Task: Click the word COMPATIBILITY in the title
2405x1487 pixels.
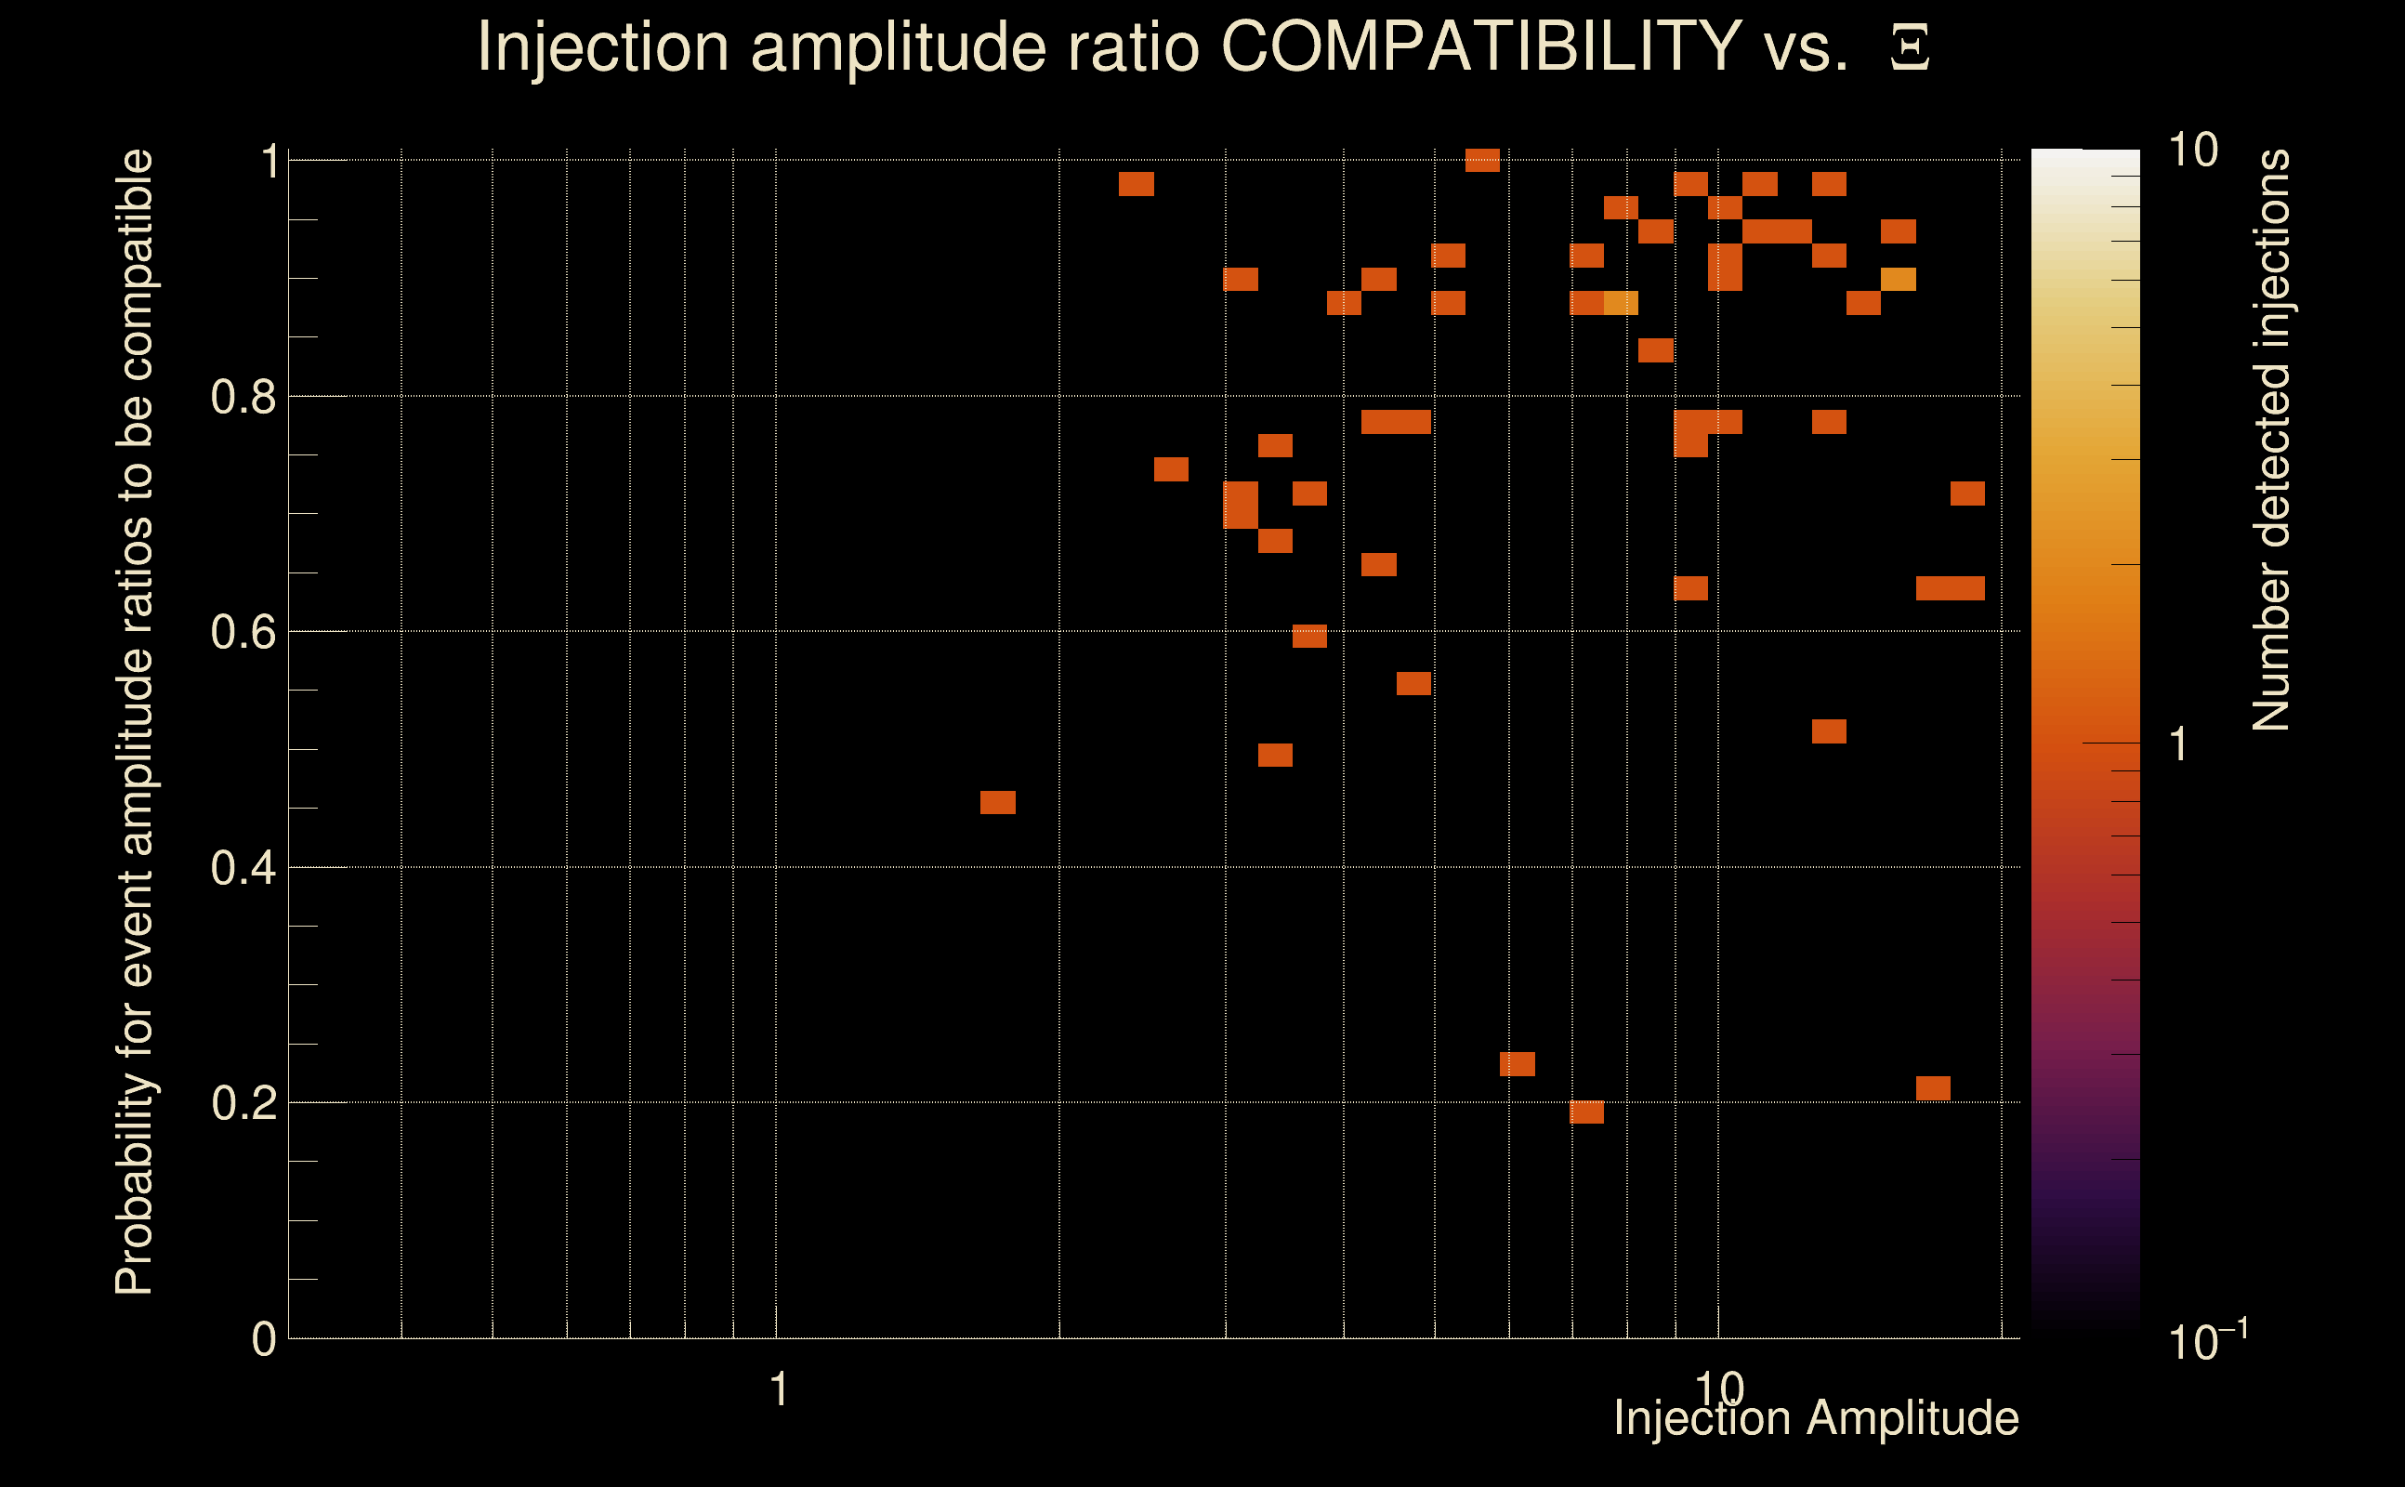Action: pyautogui.click(x=1480, y=46)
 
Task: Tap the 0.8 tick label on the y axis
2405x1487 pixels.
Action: pyautogui.click(x=243, y=398)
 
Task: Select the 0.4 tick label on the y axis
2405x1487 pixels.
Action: pyautogui.click(x=243, y=868)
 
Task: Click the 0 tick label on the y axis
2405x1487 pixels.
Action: pyautogui.click(x=264, y=1339)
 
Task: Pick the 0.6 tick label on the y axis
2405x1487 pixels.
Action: pyautogui.click(x=243, y=632)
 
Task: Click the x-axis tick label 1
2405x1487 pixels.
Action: pyautogui.click(x=779, y=1389)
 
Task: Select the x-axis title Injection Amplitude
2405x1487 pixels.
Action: pyautogui.click(x=1816, y=1418)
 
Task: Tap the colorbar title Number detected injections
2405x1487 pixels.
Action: pyautogui.click(x=2271, y=440)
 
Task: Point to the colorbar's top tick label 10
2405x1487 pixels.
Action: pyautogui.click(x=2192, y=151)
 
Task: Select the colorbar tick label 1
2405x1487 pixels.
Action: pyautogui.click(x=2179, y=744)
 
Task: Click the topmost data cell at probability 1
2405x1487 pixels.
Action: pyautogui.click(x=1481, y=160)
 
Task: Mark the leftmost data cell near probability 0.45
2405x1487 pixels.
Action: pyautogui.click(x=997, y=802)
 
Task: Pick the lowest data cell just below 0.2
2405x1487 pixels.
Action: pyautogui.click(x=1586, y=1112)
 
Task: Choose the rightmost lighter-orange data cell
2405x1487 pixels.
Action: pyautogui.click(x=1898, y=280)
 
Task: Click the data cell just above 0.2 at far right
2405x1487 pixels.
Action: pyautogui.click(x=1932, y=1087)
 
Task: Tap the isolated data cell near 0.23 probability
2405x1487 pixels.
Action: pyautogui.click(x=1517, y=1064)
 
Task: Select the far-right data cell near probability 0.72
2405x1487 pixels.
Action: pyautogui.click(x=1966, y=493)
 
